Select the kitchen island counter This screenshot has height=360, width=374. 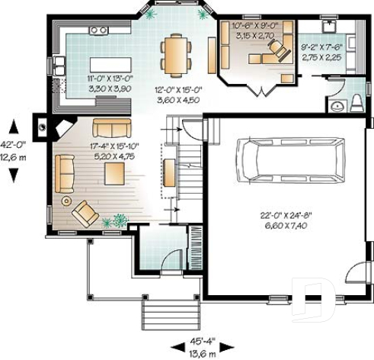coord(109,63)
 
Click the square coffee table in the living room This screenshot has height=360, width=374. coord(115,172)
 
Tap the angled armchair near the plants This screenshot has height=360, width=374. coord(85,213)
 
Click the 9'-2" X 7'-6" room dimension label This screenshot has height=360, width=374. coord(319,51)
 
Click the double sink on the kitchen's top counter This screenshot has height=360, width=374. coord(98,31)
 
